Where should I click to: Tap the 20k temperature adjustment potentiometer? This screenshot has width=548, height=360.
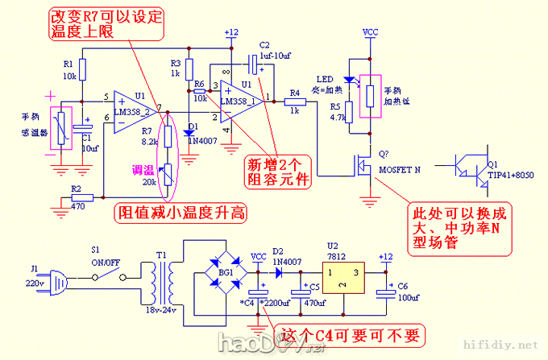coord(168,175)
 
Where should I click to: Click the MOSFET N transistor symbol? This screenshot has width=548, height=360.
coord(359,167)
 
